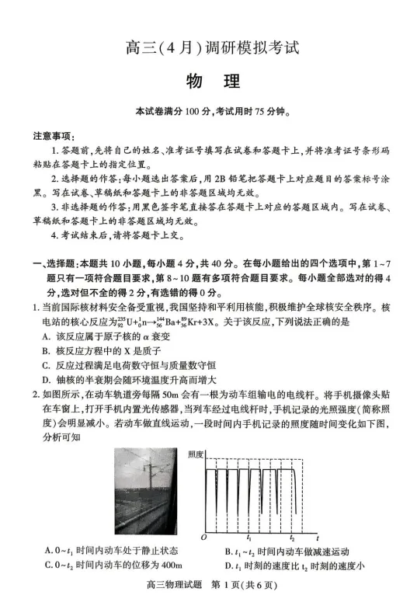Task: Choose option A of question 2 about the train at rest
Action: point(100,551)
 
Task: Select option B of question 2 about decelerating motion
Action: point(283,551)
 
